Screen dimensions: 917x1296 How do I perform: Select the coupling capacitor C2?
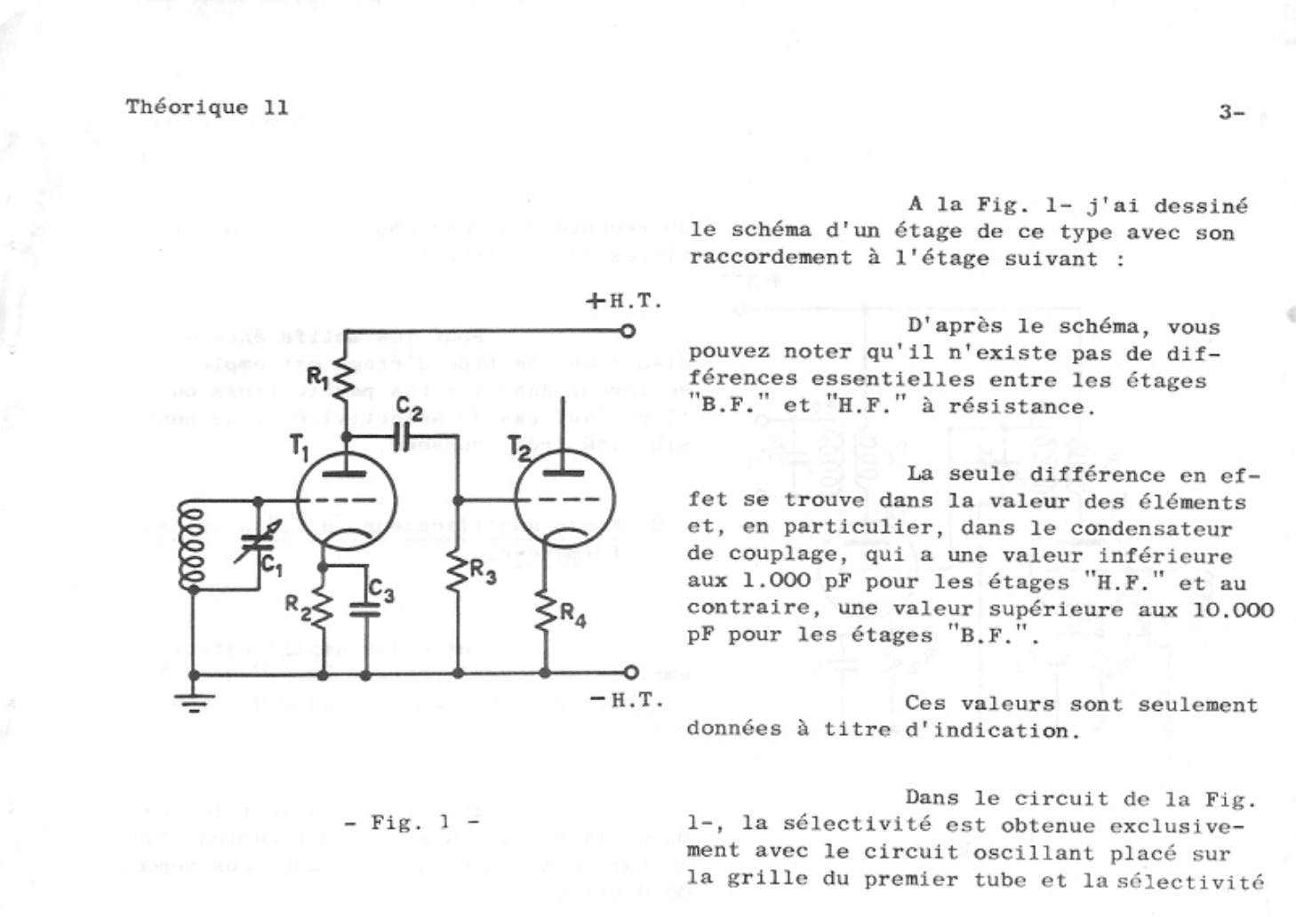(x=401, y=436)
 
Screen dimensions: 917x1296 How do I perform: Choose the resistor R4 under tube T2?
(x=546, y=610)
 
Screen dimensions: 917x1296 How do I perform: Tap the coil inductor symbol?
(x=191, y=545)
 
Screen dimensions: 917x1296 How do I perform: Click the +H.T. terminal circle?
(x=628, y=331)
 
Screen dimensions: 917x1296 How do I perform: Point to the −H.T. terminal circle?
(x=630, y=673)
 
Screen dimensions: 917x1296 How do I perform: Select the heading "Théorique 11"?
(x=207, y=108)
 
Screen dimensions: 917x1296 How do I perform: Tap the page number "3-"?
(x=1231, y=113)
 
